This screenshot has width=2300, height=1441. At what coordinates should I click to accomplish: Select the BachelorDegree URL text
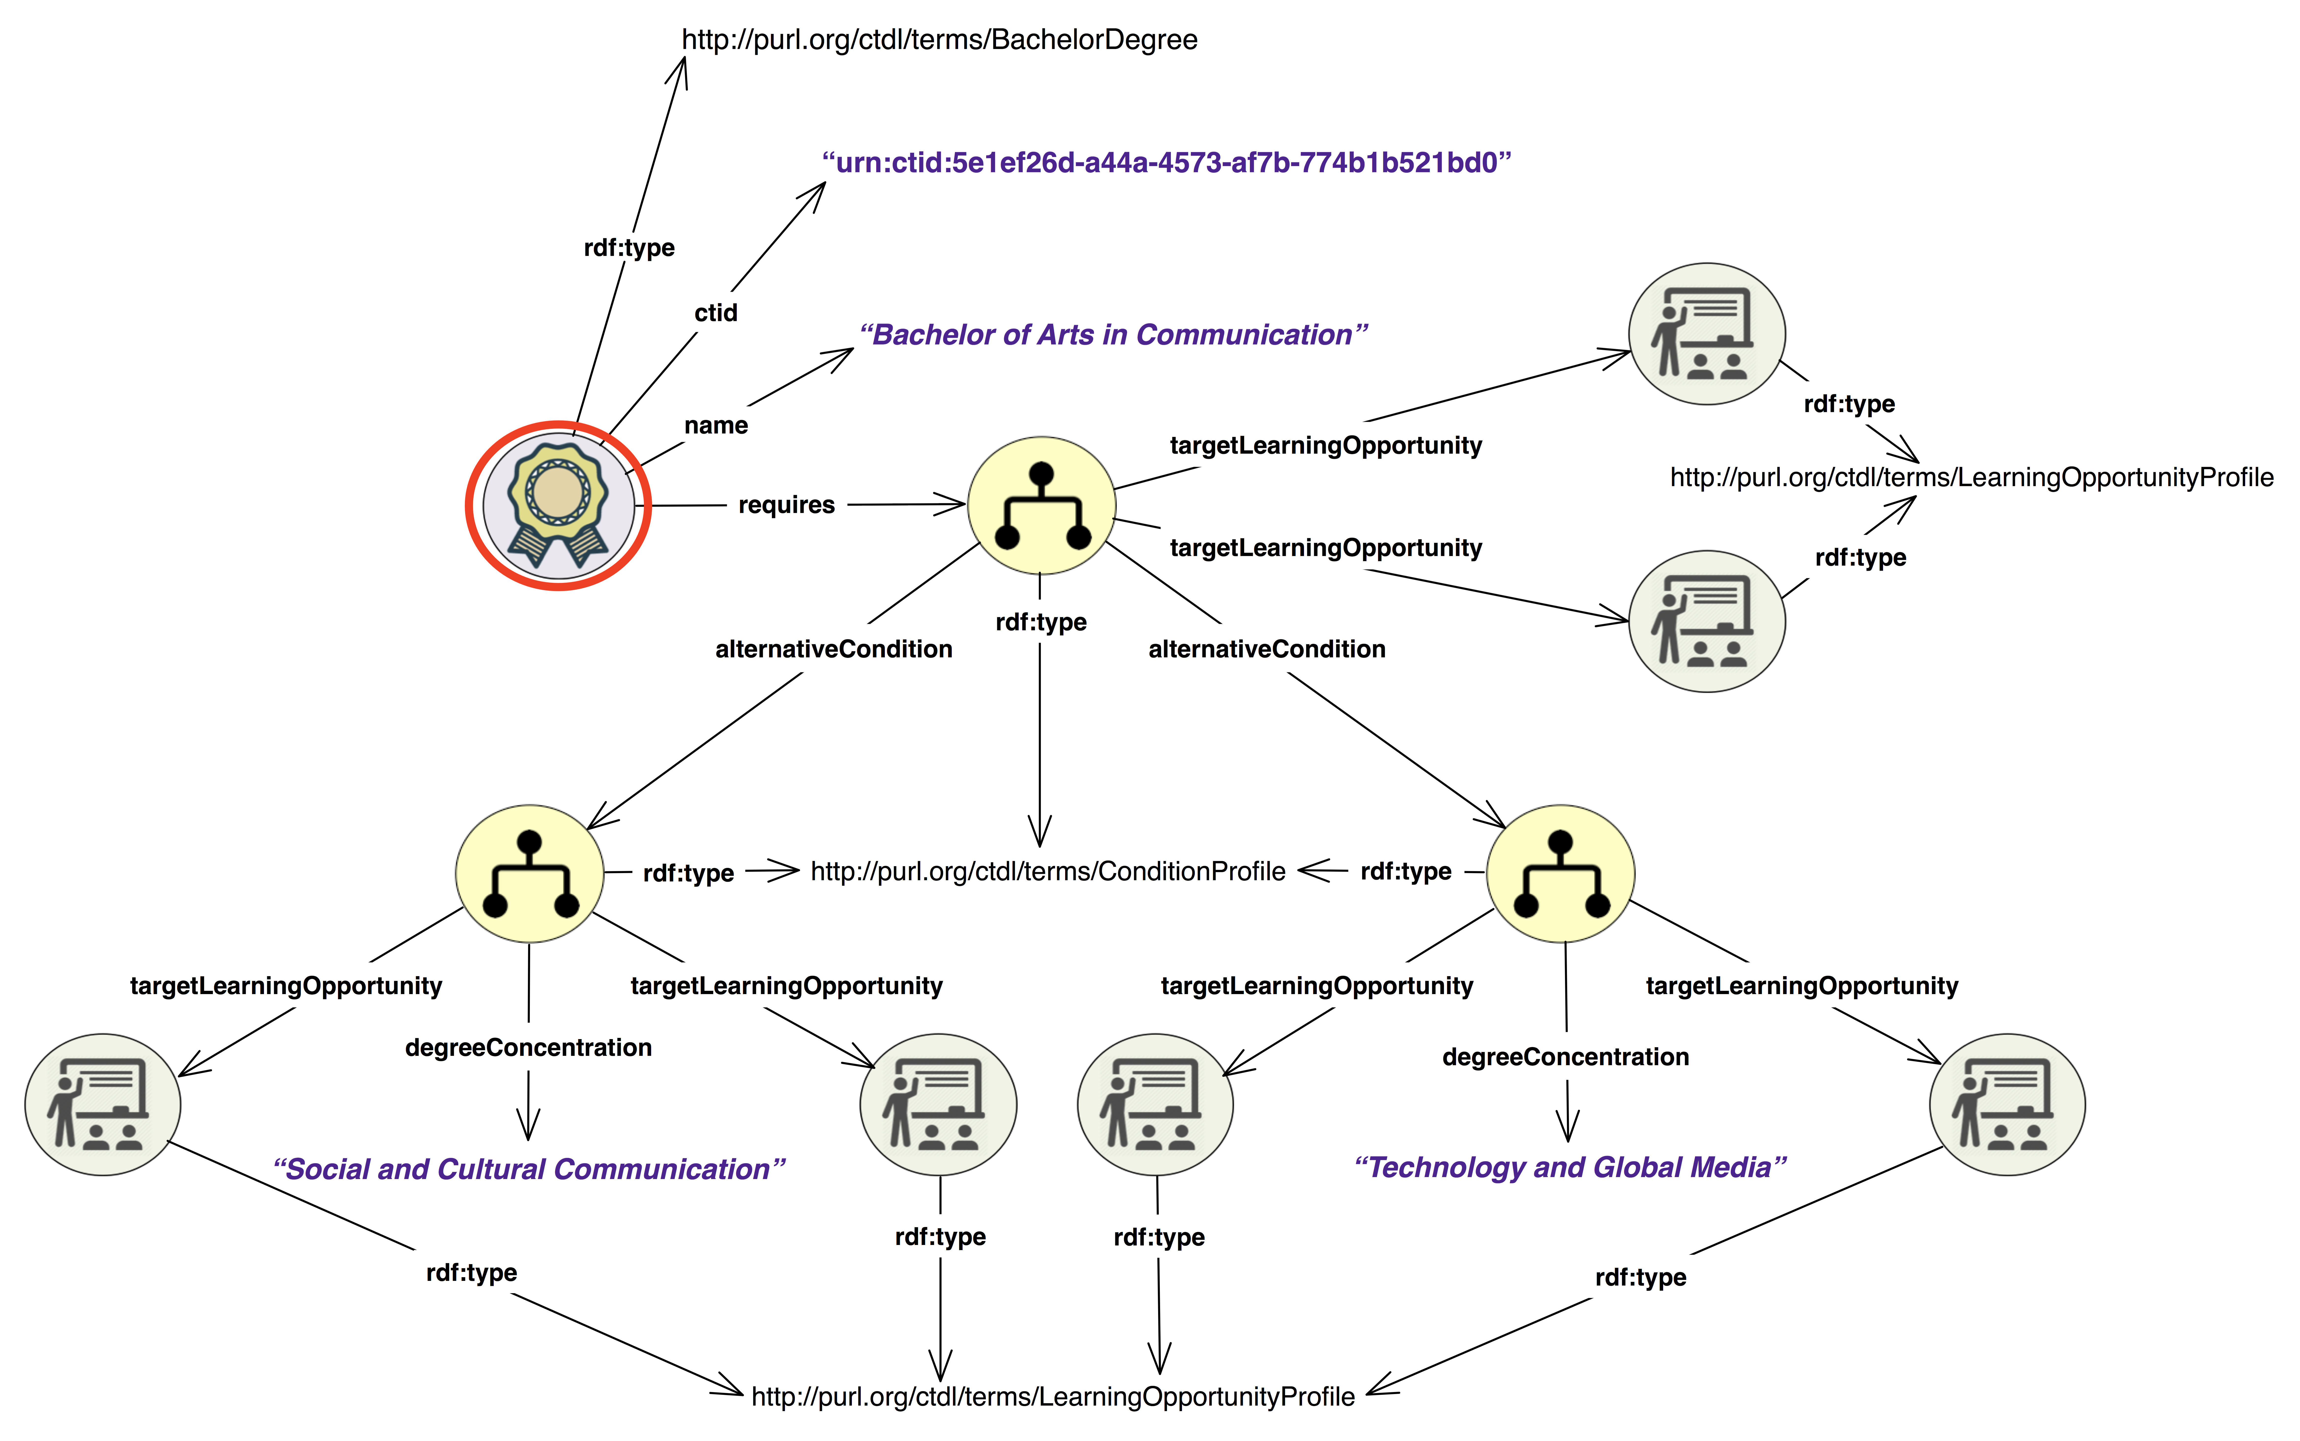pyautogui.click(x=939, y=40)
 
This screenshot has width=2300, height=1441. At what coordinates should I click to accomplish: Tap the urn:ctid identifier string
pyautogui.click(x=1167, y=163)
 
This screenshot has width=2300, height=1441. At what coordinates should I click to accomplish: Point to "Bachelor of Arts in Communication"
pyautogui.click(x=1113, y=334)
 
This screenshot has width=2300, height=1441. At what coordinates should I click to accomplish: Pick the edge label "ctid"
pyautogui.click(x=716, y=313)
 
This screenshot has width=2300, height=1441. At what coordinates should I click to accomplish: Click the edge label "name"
pyautogui.click(x=716, y=425)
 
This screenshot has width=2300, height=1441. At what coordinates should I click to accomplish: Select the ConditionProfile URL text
pyautogui.click(x=1047, y=871)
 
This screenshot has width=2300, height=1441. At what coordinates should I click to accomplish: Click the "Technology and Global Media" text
pyautogui.click(x=1570, y=1168)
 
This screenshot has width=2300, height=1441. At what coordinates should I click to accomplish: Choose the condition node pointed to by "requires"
pyautogui.click(x=1042, y=505)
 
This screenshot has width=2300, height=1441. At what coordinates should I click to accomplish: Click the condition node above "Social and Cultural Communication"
pyautogui.click(x=530, y=874)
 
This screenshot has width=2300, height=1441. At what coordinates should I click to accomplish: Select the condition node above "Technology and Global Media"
pyautogui.click(x=1560, y=874)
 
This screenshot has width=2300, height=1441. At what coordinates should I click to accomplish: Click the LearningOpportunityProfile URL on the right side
pyautogui.click(x=1971, y=477)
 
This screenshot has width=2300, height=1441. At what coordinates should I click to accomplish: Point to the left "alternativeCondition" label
pyautogui.click(x=834, y=649)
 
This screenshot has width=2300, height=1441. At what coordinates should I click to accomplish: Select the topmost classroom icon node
pyautogui.click(x=1706, y=334)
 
